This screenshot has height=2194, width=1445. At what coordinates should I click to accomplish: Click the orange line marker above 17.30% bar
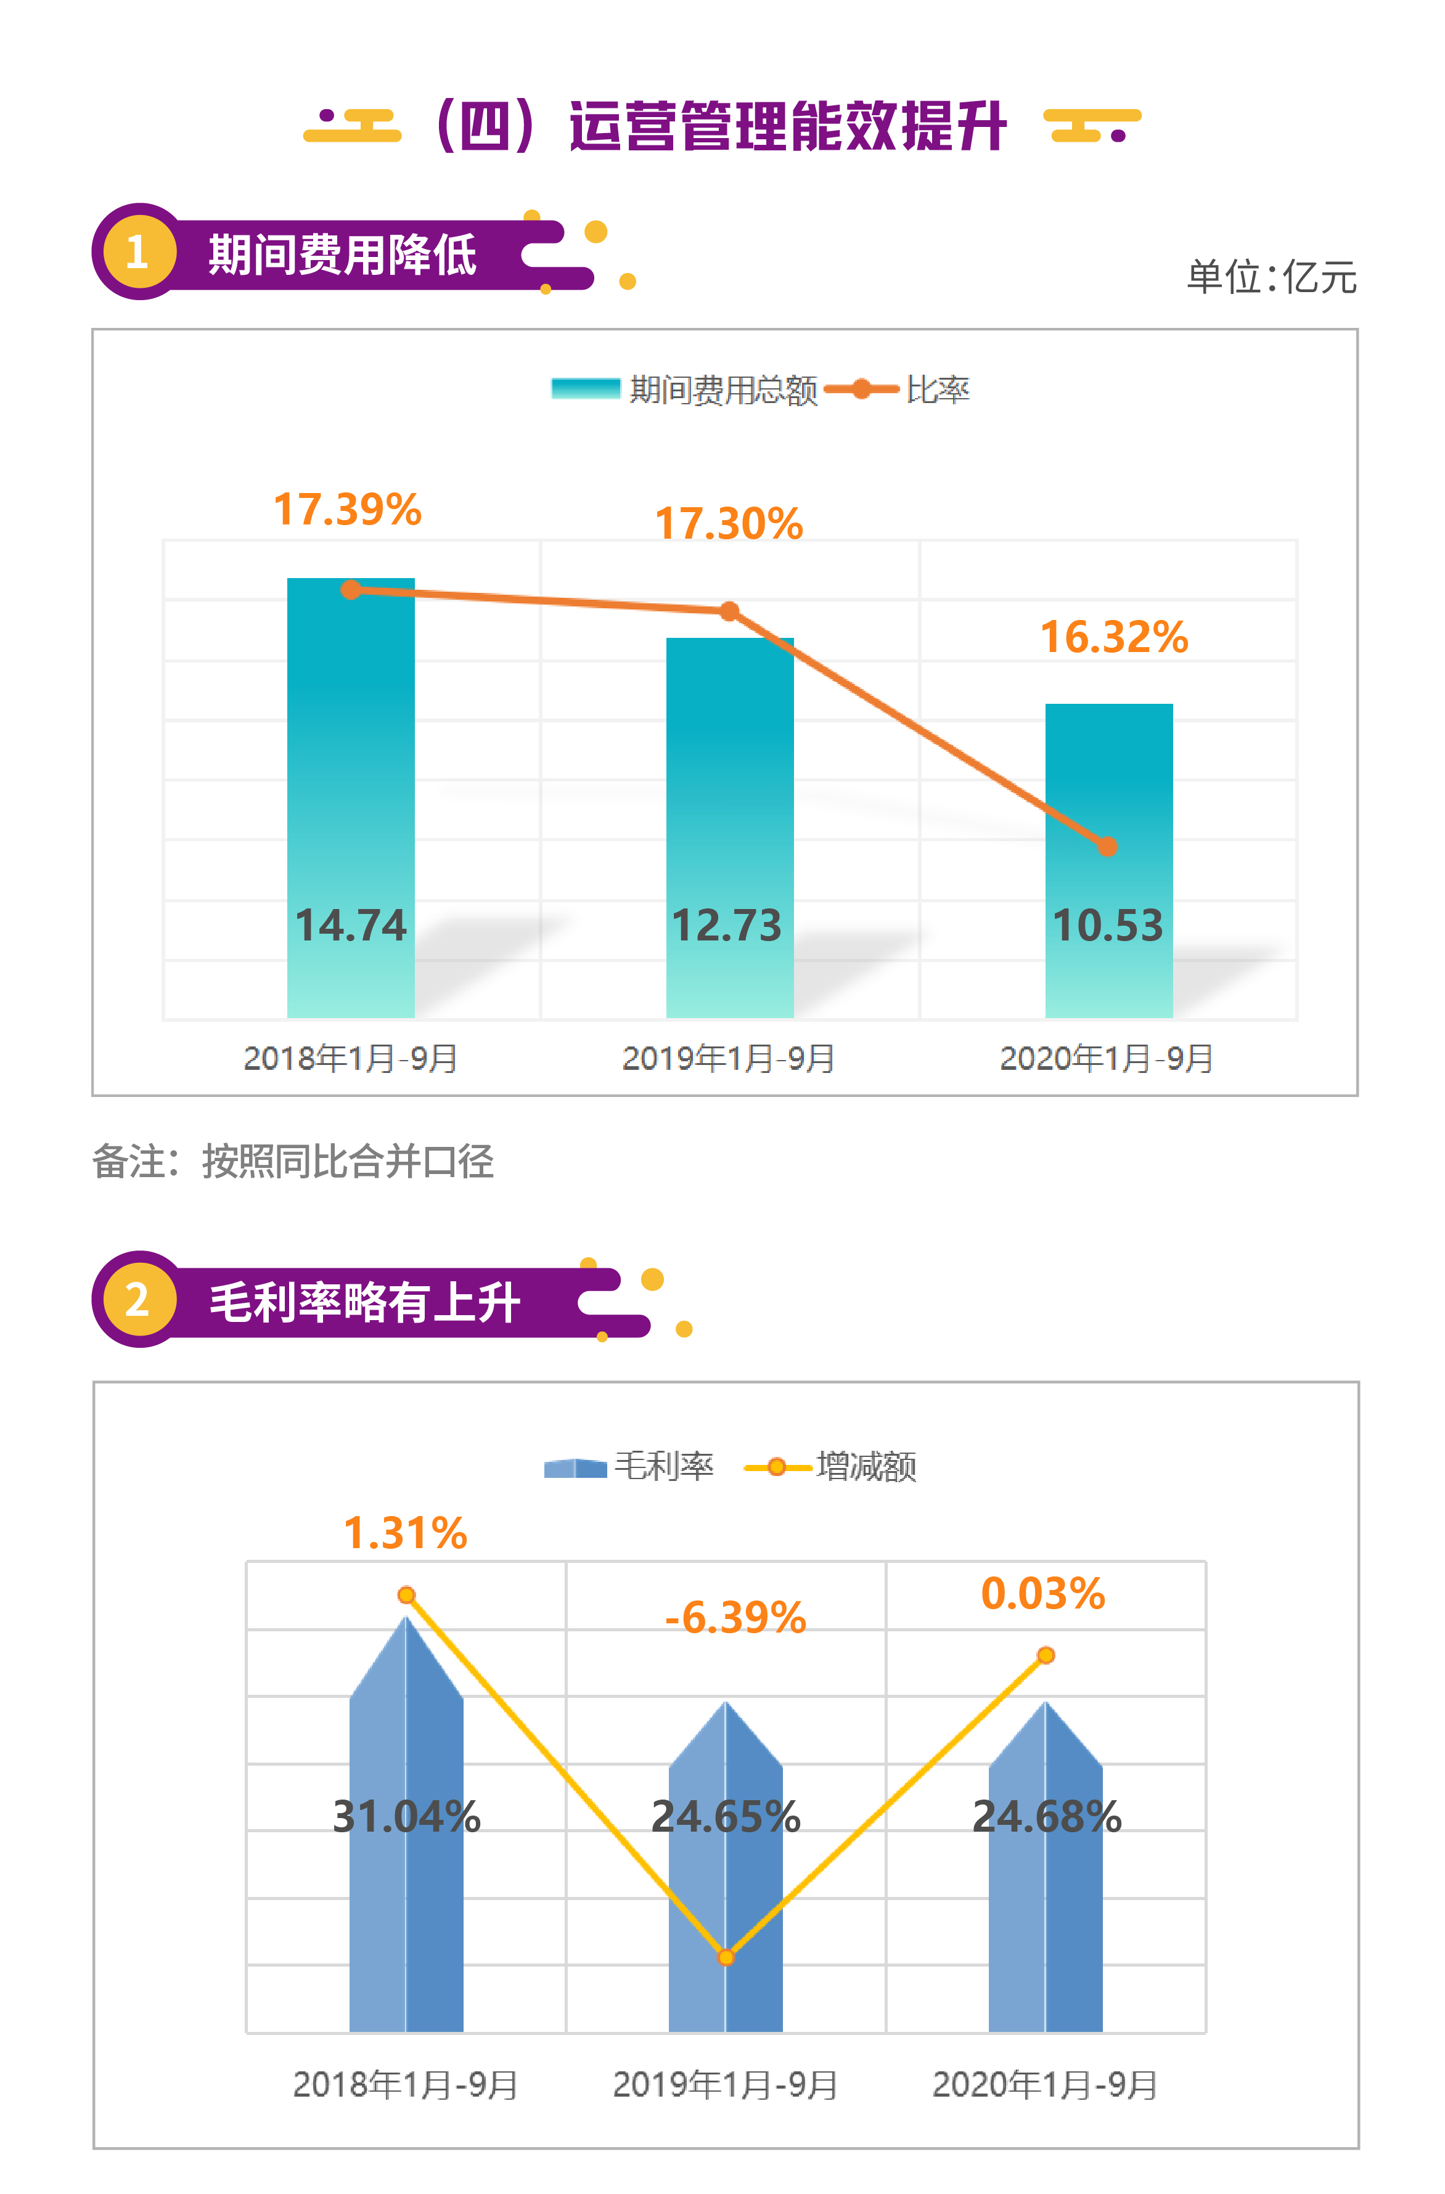(729, 611)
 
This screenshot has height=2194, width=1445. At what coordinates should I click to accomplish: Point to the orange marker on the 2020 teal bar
(1108, 846)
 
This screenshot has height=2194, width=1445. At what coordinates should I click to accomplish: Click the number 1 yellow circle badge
(138, 251)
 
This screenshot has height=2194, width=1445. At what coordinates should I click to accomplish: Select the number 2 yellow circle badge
(138, 1300)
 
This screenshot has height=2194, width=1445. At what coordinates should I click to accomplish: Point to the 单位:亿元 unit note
(1271, 277)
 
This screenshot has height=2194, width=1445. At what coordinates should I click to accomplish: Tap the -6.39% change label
(735, 1618)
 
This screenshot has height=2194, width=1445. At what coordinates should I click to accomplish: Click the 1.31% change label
(405, 1533)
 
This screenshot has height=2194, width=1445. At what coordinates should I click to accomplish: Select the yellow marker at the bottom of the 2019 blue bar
(726, 1957)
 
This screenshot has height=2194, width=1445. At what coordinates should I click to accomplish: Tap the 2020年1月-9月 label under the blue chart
(1045, 2085)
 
